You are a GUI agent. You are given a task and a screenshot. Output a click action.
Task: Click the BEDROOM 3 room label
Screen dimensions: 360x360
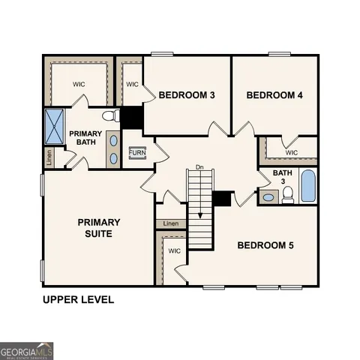click(187, 95)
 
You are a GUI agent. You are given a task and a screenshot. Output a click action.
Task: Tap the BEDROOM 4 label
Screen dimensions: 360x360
click(274, 95)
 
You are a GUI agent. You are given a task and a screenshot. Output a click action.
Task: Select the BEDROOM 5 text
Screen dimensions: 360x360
click(266, 245)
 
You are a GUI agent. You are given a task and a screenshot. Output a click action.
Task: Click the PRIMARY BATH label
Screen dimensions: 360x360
click(85, 139)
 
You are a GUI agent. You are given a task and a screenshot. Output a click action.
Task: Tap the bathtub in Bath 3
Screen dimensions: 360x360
click(308, 185)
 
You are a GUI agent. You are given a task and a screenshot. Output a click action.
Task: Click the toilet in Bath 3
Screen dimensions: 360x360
click(287, 196)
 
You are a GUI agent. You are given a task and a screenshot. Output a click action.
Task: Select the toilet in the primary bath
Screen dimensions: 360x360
click(111, 116)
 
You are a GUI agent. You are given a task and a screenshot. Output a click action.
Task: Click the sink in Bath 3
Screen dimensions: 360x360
click(268, 198)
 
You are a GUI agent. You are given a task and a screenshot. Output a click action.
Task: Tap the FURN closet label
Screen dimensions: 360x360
click(137, 153)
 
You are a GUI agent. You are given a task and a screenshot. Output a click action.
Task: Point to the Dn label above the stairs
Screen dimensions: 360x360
click(199, 166)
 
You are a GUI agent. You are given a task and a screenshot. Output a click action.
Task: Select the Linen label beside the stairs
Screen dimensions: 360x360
click(171, 223)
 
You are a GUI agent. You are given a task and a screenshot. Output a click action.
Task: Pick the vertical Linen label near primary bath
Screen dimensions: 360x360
click(49, 157)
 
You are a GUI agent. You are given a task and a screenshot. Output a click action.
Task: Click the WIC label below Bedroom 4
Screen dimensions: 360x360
click(292, 153)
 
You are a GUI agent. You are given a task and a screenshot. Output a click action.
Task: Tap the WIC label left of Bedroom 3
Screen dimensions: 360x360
click(132, 85)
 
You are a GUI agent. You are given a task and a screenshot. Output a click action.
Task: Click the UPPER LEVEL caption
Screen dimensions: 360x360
click(78, 300)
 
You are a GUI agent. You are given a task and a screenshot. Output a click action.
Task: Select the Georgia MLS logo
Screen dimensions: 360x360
click(27, 350)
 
